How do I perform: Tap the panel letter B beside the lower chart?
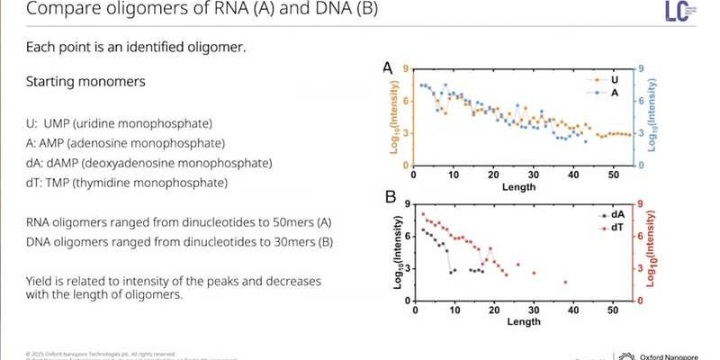coord(391,196)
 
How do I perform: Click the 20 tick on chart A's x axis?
coord(493,175)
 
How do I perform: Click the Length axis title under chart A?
coord(519,187)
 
